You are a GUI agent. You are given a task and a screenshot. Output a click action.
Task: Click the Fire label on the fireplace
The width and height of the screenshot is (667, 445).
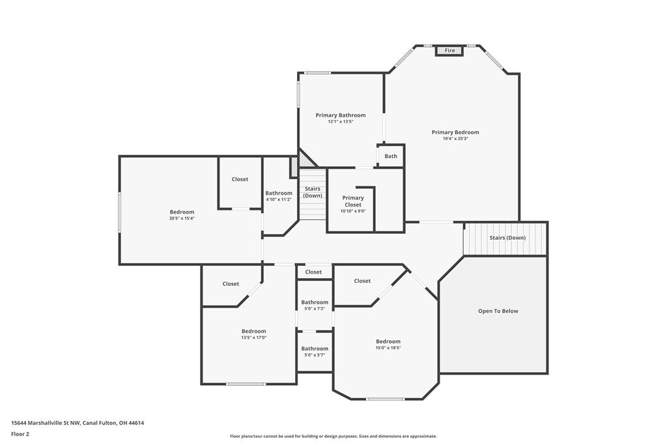click(449, 50)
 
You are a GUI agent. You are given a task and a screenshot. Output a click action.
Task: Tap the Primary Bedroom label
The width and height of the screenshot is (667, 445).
click(455, 132)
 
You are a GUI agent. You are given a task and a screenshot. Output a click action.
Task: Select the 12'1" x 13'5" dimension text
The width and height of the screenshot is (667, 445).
click(340, 122)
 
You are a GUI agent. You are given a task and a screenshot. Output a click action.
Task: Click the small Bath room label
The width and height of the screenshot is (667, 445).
click(391, 156)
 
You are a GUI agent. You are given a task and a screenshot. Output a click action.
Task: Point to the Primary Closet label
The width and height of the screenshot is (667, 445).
click(353, 201)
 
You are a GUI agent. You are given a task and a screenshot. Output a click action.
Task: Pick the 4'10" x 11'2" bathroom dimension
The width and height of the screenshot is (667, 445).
click(279, 199)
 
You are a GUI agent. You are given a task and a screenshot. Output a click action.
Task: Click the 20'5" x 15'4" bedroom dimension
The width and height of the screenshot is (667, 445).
click(182, 218)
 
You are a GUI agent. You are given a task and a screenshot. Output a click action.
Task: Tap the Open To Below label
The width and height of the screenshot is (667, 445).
click(498, 311)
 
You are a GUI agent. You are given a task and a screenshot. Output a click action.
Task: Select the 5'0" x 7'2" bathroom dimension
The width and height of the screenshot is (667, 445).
click(315, 309)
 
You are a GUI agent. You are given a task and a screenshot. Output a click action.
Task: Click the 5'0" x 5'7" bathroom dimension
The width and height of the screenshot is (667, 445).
click(315, 355)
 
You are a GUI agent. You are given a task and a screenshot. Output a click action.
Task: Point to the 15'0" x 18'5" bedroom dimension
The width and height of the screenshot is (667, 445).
click(388, 347)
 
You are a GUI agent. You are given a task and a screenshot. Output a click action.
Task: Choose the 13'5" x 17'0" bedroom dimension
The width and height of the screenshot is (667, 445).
click(253, 337)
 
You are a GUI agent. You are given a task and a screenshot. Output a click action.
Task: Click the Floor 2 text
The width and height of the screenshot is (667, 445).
click(20, 435)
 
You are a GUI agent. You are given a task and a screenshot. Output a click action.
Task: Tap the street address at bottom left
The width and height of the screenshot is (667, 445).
click(78, 423)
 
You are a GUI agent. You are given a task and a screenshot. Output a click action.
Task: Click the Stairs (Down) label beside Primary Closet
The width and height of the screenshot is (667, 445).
click(313, 192)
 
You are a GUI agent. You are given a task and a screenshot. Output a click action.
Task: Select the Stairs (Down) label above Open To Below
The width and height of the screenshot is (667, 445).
click(507, 238)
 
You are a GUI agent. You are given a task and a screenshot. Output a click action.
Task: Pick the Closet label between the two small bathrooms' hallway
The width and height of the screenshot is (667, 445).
click(313, 272)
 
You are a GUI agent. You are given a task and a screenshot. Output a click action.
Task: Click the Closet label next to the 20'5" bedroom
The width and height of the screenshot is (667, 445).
click(240, 179)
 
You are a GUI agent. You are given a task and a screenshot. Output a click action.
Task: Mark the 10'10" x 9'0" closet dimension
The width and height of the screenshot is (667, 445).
click(353, 211)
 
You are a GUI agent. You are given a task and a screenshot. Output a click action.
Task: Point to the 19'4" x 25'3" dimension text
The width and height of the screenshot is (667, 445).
click(455, 139)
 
